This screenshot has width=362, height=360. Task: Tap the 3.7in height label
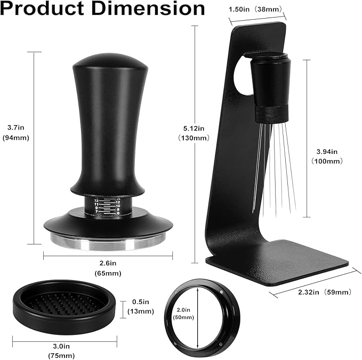[x=14, y=127]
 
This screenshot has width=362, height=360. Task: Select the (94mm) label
[x=15, y=138]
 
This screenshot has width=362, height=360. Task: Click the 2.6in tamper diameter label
[x=109, y=263]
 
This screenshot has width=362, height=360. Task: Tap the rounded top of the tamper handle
[x=110, y=61]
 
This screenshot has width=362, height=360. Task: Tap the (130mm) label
[x=194, y=138]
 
